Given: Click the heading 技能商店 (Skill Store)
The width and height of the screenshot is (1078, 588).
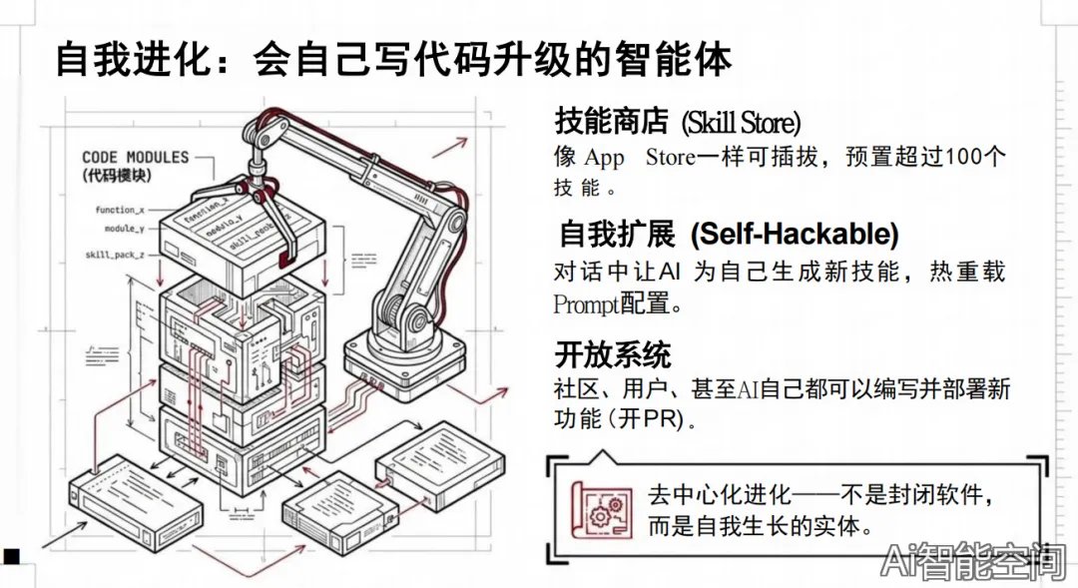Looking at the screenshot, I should coord(678,123).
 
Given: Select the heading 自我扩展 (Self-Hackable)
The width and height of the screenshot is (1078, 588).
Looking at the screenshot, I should coord(729,235).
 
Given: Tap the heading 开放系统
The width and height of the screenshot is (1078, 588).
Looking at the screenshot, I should coord(613,354).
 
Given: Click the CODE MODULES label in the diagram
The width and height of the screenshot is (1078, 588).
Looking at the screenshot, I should coord(135,157).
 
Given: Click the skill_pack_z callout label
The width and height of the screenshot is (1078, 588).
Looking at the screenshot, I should coord(115,256).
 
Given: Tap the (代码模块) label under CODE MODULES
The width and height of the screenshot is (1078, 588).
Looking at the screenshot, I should coord(116,175).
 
